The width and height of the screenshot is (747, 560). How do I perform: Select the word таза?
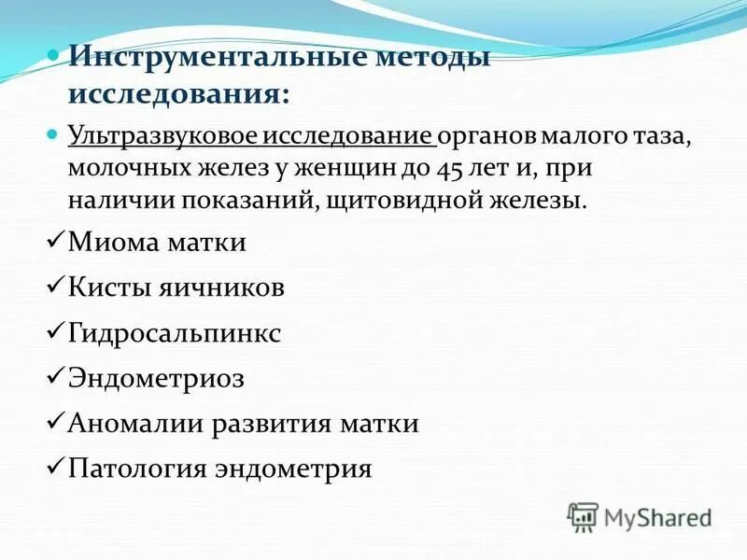pos(659,137)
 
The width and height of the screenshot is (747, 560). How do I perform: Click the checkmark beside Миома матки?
pos(55,241)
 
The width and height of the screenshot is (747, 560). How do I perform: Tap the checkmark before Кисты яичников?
pos(55,287)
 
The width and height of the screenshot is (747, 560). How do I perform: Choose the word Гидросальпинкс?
pos(174,333)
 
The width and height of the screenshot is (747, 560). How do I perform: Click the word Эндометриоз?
pos(156,378)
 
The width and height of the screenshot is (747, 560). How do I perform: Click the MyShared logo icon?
pos(583,516)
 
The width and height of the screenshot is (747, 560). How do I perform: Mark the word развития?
pos(271,423)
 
